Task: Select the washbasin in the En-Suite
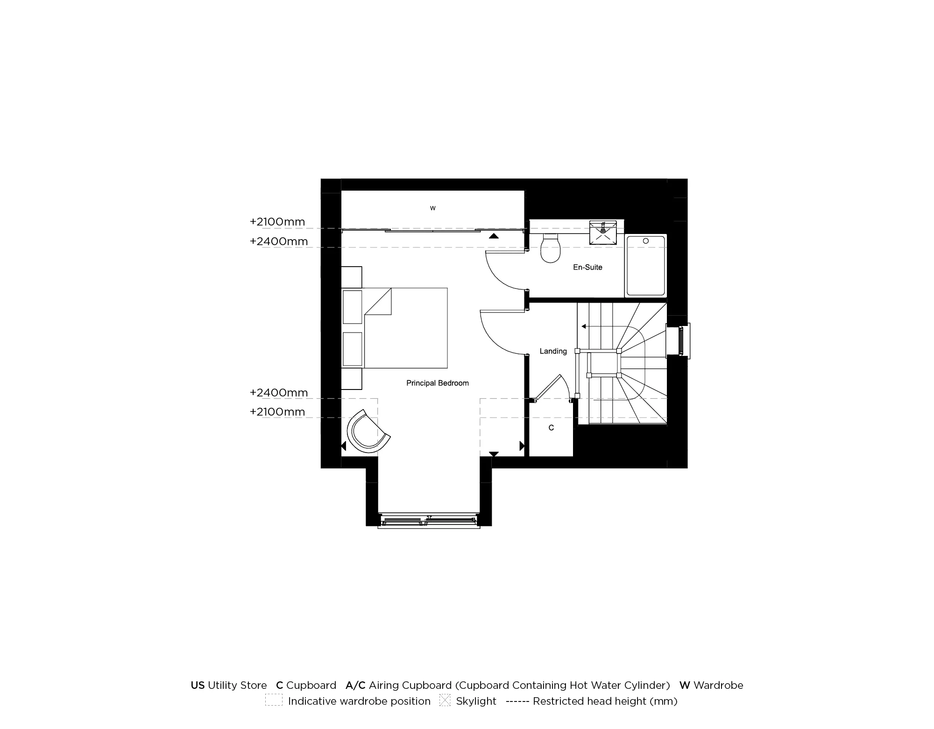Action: pos(603,233)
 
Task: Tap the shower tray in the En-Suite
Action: pos(645,266)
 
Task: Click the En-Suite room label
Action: pos(587,267)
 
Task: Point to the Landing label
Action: pos(553,351)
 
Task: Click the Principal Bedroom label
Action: pos(437,383)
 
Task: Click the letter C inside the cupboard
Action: pos(551,428)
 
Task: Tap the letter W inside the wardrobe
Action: pos(432,208)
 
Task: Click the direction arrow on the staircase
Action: pos(584,326)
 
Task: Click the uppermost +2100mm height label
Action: pos(277,222)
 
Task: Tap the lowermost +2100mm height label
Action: pos(277,412)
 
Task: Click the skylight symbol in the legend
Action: pos(445,701)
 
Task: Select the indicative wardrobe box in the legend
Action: pos(274,701)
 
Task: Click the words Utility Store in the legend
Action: pos(237,685)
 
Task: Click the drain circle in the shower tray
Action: pos(646,241)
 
